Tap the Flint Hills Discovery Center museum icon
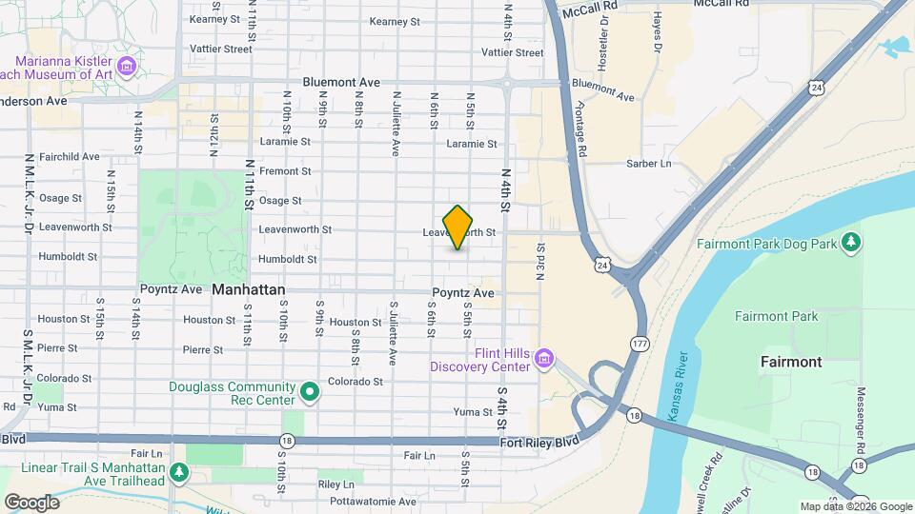coord(543,359)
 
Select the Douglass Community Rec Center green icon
coord(309,391)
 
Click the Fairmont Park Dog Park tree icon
coord(852,244)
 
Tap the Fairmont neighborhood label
coord(791,362)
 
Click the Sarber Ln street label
coord(648,164)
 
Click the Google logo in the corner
coord(30,502)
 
